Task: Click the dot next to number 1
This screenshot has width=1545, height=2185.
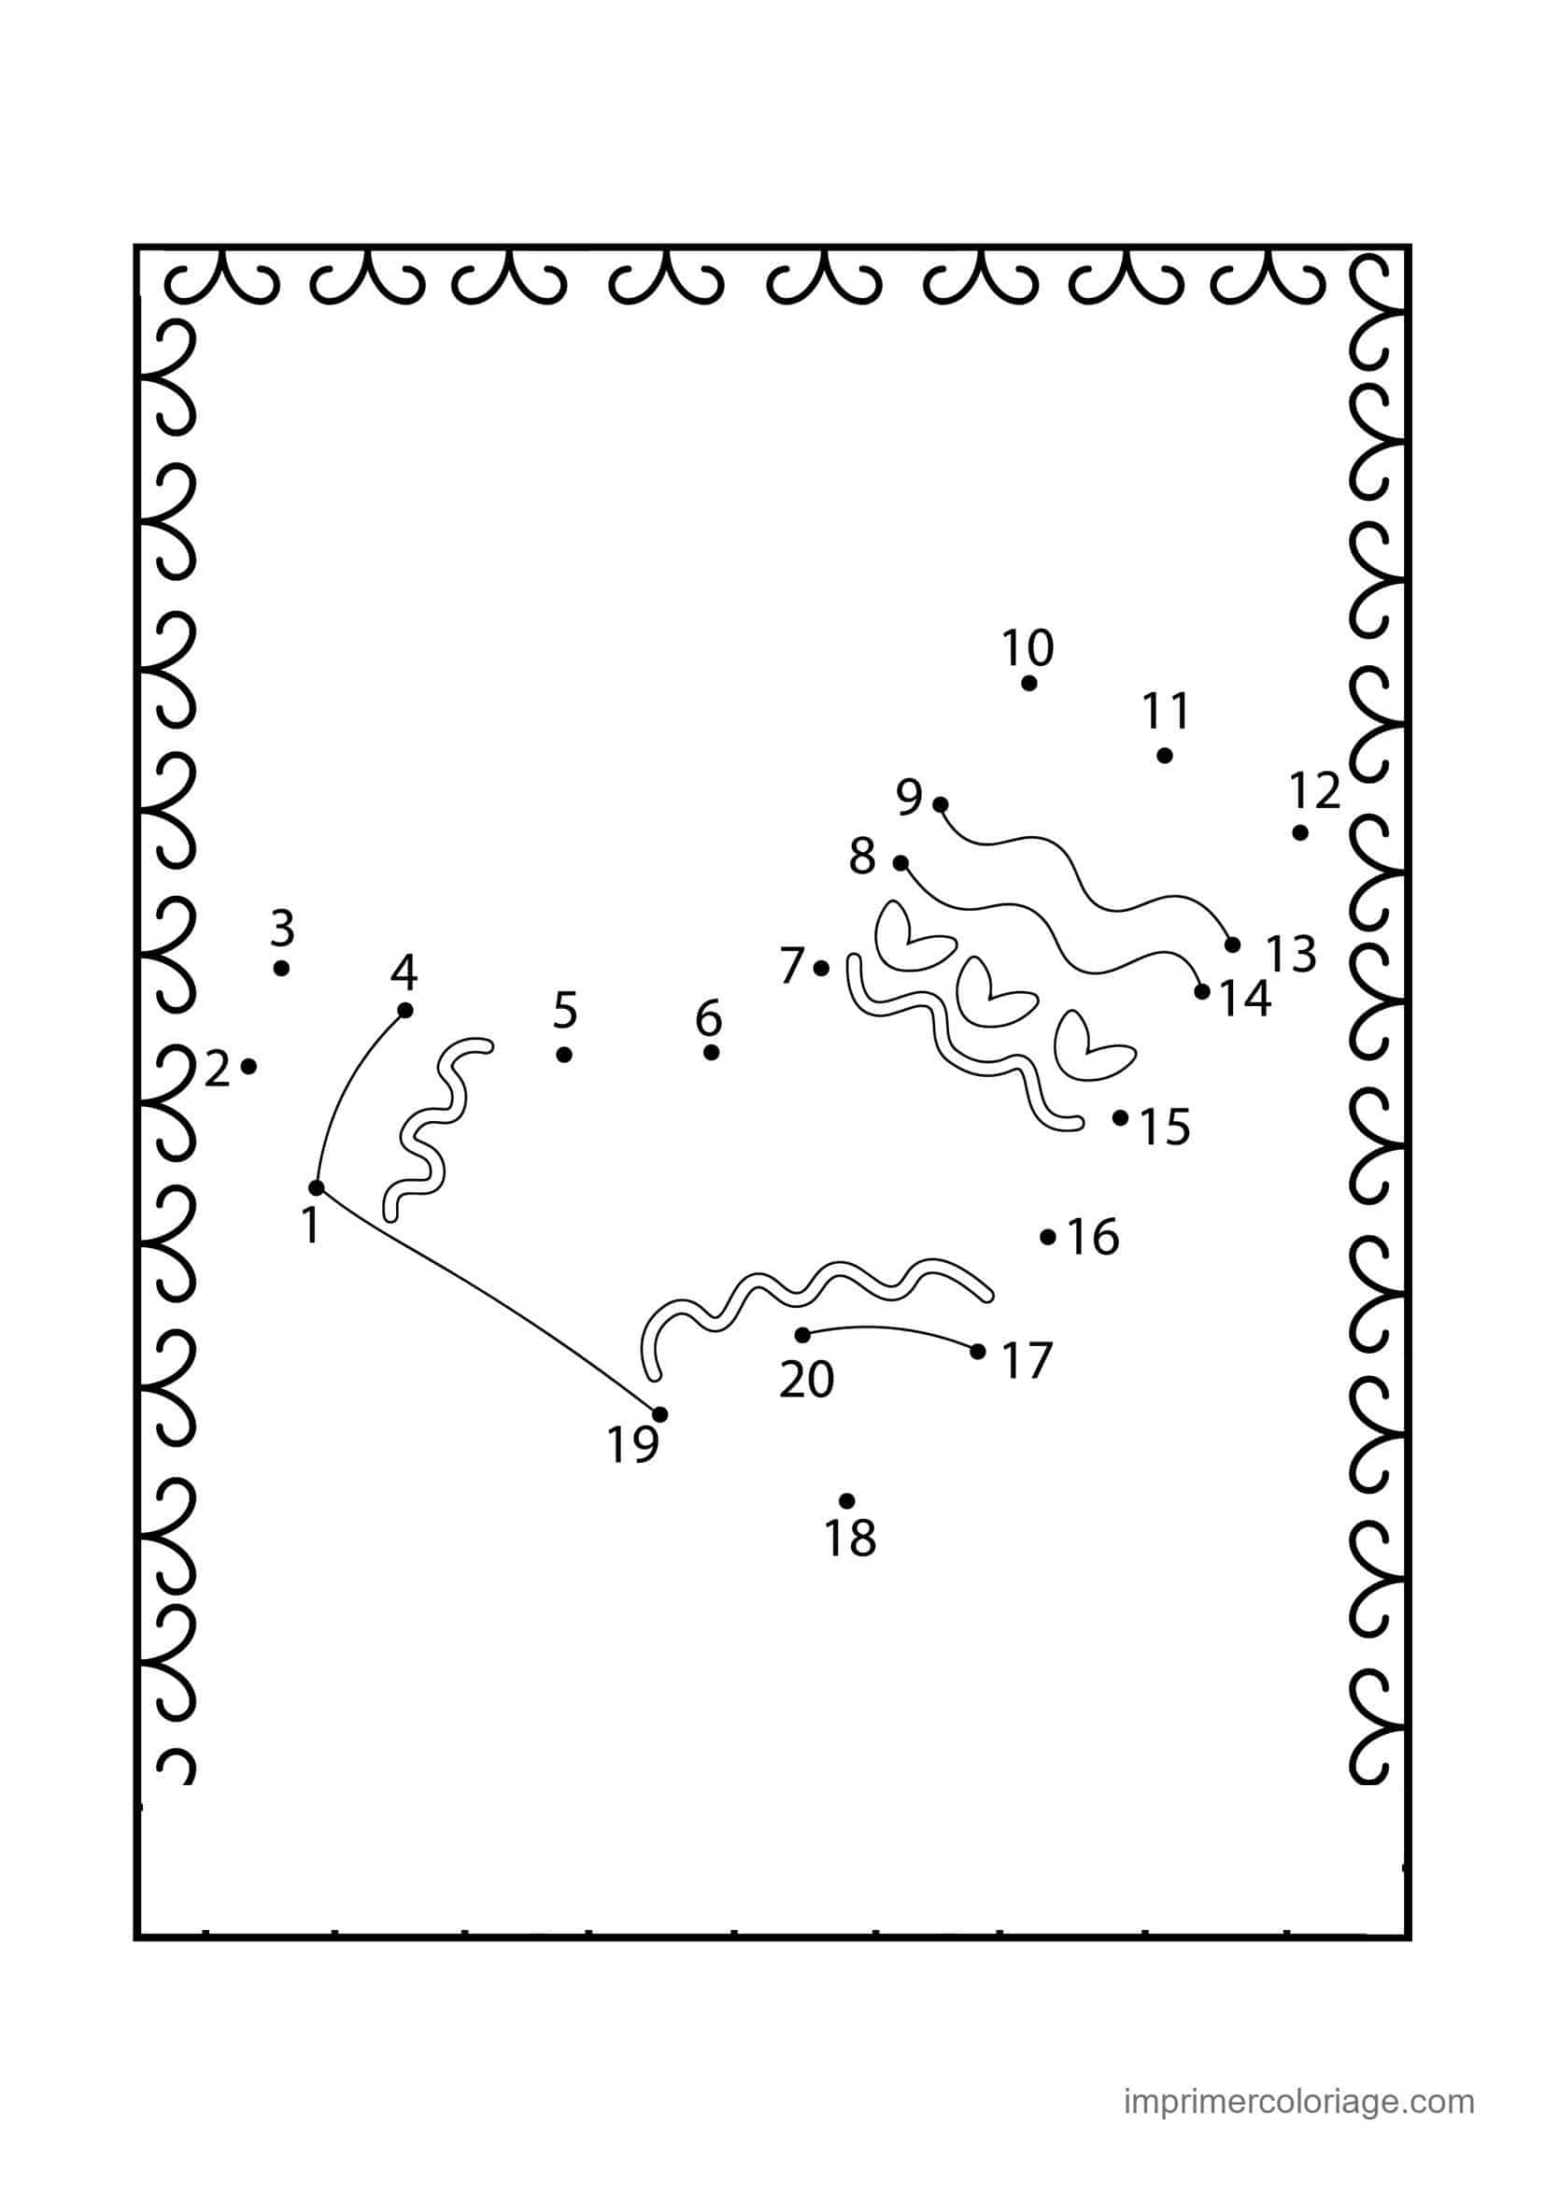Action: (x=317, y=1187)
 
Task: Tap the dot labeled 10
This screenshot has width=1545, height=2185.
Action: (x=1028, y=682)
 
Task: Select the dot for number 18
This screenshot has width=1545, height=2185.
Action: (x=846, y=1501)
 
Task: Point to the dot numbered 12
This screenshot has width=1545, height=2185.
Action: (x=1299, y=832)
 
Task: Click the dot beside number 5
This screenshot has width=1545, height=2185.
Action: (x=564, y=1055)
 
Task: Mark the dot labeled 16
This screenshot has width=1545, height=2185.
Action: (x=1047, y=1237)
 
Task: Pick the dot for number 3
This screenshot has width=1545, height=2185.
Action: (x=280, y=968)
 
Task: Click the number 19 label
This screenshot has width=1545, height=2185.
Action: (x=632, y=1444)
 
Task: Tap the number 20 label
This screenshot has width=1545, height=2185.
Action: (x=807, y=1379)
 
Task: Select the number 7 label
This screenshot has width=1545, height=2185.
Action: (x=792, y=967)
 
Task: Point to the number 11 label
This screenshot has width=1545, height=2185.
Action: (x=1166, y=711)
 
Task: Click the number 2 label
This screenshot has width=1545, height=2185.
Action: (x=218, y=1071)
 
